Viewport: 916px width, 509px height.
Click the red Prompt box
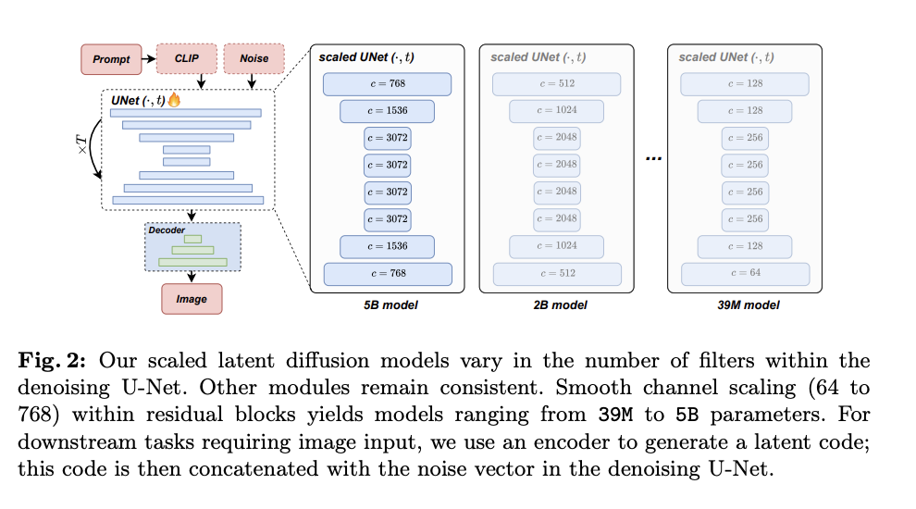click(112, 59)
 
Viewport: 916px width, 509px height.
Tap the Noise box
click(254, 58)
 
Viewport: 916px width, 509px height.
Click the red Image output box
click(192, 299)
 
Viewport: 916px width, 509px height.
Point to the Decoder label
click(167, 230)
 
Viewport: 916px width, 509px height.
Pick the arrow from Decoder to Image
click(192, 277)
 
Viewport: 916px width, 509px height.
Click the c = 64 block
click(745, 274)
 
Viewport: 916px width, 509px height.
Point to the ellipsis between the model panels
click(653, 158)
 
